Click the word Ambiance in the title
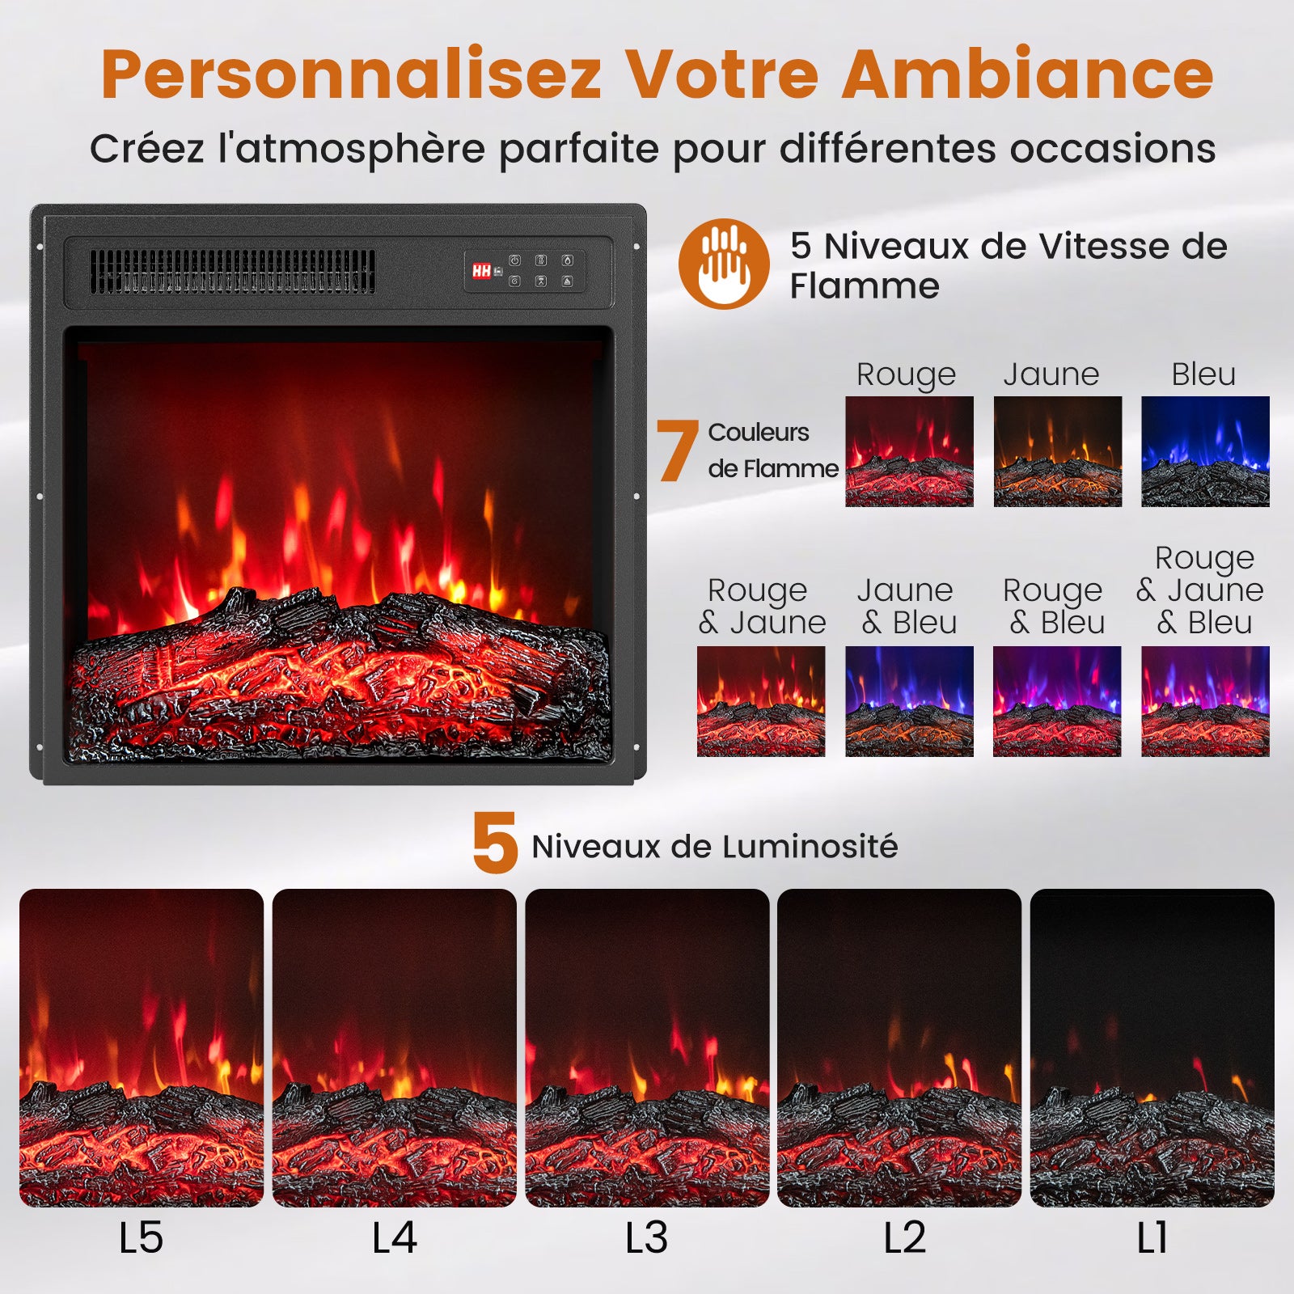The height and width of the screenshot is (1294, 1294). tap(1027, 74)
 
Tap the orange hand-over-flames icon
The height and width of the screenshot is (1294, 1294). tap(724, 264)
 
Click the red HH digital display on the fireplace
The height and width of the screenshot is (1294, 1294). tap(482, 271)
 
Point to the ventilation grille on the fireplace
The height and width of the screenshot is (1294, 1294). tap(232, 271)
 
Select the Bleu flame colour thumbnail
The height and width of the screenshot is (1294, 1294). tap(1205, 451)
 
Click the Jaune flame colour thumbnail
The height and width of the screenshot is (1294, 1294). tap(1057, 451)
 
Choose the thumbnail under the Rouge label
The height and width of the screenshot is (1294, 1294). tap(909, 451)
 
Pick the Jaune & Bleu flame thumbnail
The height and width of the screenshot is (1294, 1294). tap(909, 700)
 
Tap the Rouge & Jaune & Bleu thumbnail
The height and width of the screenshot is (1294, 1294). tap(1205, 700)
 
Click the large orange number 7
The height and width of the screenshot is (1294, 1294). tap(676, 451)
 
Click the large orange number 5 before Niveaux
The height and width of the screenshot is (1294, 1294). tap(495, 844)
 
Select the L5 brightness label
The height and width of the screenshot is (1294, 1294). tap(141, 1238)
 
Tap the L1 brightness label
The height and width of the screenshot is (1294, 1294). tap(1152, 1238)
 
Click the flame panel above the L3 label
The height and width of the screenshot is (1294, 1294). tap(647, 1047)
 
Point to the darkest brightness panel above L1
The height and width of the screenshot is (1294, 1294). tap(1152, 1047)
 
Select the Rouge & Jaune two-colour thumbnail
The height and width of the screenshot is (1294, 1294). tap(761, 700)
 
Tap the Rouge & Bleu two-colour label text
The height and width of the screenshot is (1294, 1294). tap(1054, 607)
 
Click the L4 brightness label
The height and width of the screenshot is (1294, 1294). tap(394, 1238)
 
